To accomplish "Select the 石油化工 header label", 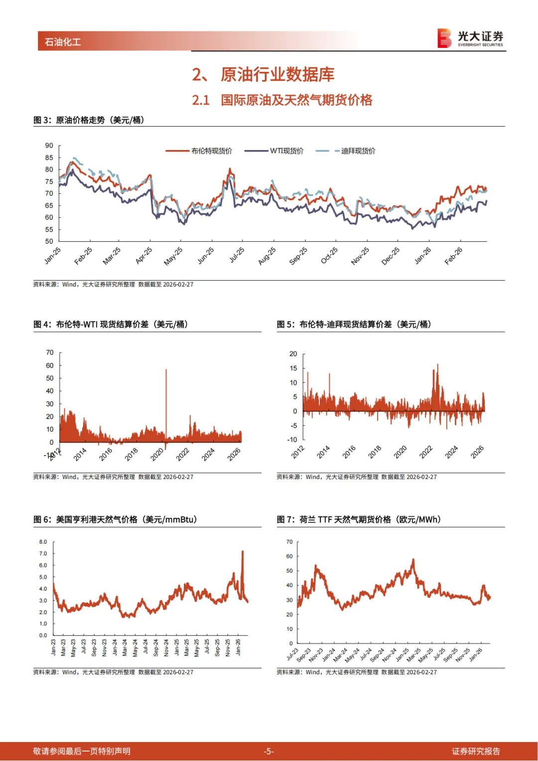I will (x=63, y=42).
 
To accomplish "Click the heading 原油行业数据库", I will (x=277, y=75).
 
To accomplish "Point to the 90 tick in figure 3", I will (x=49, y=146).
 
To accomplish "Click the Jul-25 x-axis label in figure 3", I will (x=237, y=255).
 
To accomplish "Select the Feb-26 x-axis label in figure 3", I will (x=453, y=256).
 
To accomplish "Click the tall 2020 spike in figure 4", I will (x=166, y=379).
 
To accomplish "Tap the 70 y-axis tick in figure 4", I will (x=50, y=352).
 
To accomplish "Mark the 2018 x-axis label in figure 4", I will (x=131, y=454).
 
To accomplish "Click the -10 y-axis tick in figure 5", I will (x=292, y=440).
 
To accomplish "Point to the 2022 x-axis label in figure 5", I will (x=426, y=452).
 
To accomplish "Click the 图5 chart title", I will (x=354, y=324).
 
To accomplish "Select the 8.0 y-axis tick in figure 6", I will (x=43, y=542).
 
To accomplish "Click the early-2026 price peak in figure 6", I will (x=243, y=552).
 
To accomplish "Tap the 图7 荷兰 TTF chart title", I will (x=359, y=520).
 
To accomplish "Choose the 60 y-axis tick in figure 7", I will (x=289, y=556).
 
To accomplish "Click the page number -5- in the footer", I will (x=269, y=751).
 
